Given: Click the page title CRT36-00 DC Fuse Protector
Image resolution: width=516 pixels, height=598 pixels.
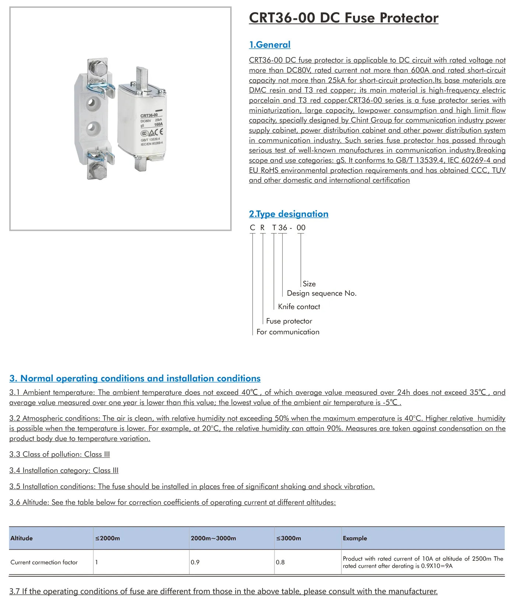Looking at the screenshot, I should coord(344,18).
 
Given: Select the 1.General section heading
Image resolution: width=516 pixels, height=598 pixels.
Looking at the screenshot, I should coord(269,45).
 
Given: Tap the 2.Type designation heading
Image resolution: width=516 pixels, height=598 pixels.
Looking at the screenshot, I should coord(289,214).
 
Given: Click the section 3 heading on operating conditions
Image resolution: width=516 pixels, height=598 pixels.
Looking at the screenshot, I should coord(135,378).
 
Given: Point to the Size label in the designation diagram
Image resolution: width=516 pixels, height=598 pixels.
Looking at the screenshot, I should coord(309,284).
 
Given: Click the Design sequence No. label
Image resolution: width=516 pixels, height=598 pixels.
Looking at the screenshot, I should coord(321,293).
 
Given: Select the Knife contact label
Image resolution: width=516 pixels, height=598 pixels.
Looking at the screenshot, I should coord(299,307).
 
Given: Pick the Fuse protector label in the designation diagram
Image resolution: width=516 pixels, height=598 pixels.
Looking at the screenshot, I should coord(289,321).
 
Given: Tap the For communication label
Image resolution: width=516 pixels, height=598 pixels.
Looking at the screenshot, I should coord(288,332).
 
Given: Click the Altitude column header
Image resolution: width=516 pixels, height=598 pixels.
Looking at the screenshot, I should coord(22,538).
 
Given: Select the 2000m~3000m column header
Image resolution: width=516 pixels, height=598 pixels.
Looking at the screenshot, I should coord(213,538).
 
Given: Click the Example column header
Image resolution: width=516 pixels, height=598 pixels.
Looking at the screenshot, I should coord(355,538).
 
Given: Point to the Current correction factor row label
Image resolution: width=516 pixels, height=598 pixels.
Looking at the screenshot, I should coord(44,562).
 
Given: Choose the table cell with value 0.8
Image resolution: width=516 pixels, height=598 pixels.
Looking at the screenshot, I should coord(280,562).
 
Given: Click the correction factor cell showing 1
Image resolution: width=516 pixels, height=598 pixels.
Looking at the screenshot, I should coord(97,562).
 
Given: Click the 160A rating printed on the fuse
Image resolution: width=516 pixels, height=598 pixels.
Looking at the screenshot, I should coord(158,125).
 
